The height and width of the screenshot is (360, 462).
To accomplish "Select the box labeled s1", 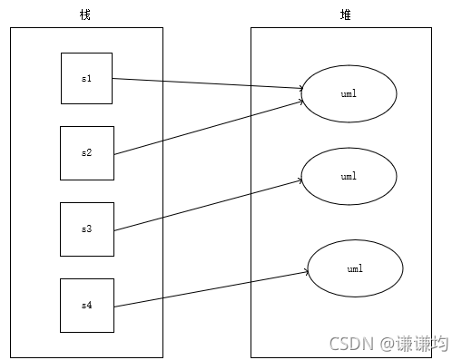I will pos(86,78).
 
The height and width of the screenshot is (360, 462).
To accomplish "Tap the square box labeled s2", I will pos(86,152).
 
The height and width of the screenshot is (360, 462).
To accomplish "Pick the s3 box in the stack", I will pos(86,229).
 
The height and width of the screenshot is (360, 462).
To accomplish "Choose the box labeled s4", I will pos(86,305).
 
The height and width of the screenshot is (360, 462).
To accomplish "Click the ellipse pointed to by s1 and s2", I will pos(349,94).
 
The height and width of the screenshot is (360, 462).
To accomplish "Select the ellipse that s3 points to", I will pos(349,176).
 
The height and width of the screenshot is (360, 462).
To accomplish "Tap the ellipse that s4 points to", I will pos(355,269).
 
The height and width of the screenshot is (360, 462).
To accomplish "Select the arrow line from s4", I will pos(209,288).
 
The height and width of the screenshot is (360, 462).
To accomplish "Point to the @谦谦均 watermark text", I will pos(413,344).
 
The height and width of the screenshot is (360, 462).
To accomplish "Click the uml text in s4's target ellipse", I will pos(355,269).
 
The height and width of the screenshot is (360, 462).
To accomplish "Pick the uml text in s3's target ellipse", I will pos(349,176).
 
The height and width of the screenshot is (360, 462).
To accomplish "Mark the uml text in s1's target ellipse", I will pos(349,94).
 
